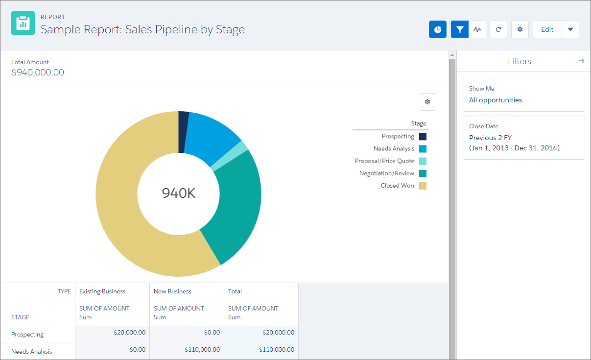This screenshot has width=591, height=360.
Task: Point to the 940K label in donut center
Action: point(179,193)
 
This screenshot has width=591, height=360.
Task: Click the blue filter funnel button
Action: point(460,29)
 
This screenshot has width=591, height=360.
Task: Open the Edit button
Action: point(547,29)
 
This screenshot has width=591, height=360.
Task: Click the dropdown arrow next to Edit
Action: point(570,29)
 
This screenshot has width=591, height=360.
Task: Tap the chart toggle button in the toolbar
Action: point(438,29)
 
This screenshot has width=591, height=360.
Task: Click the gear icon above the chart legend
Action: point(427,102)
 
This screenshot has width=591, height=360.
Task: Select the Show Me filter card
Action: point(523,95)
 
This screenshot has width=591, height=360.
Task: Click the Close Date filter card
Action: point(523,137)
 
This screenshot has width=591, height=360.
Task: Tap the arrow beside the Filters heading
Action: point(582,61)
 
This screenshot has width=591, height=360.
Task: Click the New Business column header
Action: point(172,291)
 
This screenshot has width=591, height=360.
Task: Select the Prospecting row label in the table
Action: point(27,335)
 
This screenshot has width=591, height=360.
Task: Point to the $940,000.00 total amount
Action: point(38,72)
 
